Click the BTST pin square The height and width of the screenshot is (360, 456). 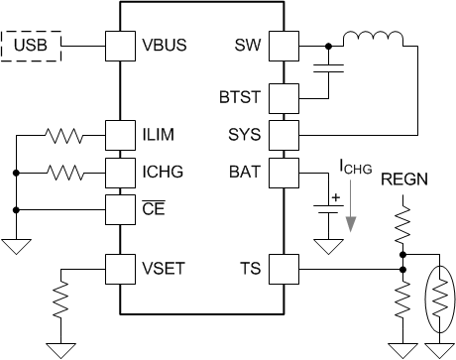coord(285,98)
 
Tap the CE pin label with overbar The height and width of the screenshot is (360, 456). coord(155,208)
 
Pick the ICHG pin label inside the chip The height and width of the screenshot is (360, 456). coord(161,172)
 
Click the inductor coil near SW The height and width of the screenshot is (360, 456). coord(373,41)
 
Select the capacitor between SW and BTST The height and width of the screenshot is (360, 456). coord(327,68)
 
